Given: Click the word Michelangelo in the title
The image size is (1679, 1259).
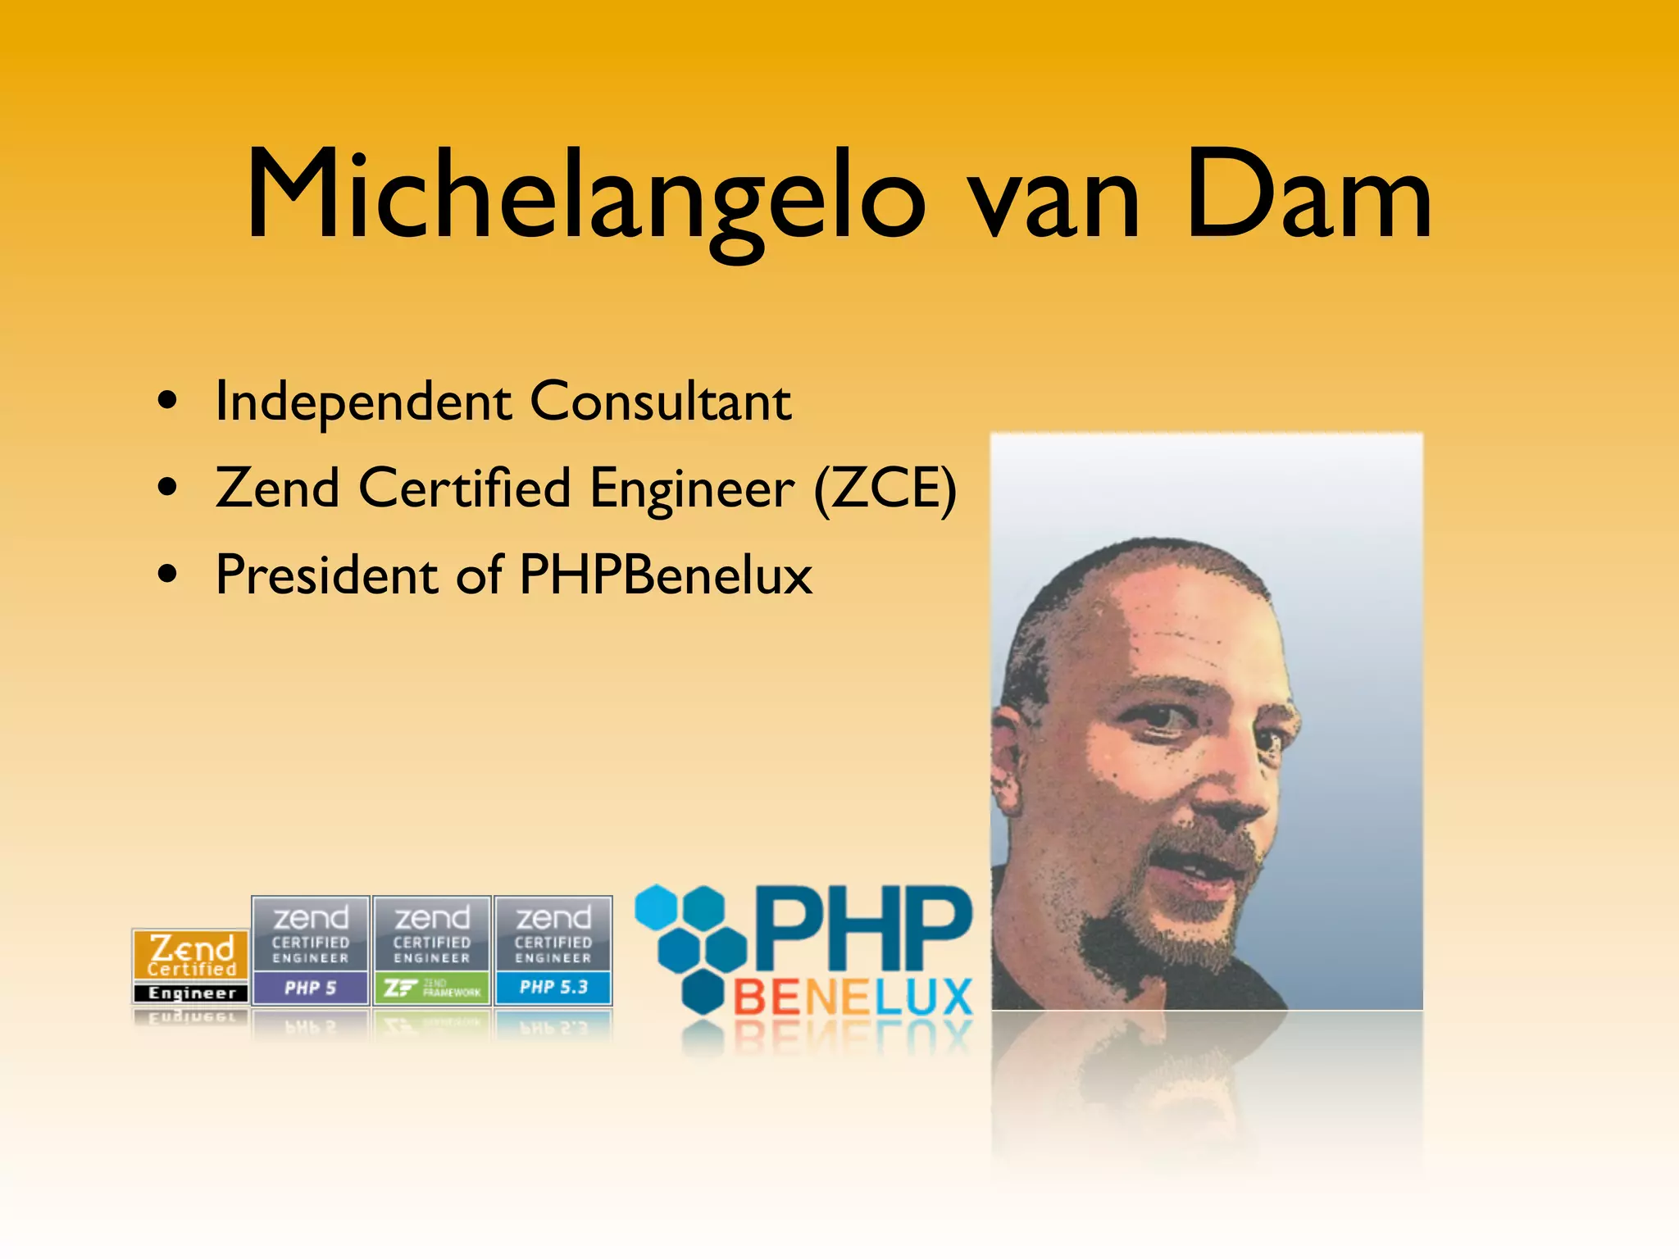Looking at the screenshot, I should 585,197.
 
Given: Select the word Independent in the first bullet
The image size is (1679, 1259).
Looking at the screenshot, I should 363,402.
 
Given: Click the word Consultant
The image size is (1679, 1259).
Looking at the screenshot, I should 661,402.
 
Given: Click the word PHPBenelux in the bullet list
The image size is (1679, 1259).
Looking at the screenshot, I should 666,575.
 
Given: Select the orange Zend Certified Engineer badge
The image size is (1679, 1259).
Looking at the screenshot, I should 191,966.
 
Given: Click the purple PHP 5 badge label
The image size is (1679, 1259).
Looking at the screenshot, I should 310,988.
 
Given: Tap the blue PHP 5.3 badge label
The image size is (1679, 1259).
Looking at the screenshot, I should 553,988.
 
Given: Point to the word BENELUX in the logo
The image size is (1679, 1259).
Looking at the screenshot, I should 853,998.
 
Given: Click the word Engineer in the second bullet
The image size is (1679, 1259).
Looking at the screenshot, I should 692,489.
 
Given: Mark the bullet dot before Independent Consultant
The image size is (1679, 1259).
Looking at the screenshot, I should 168,402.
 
